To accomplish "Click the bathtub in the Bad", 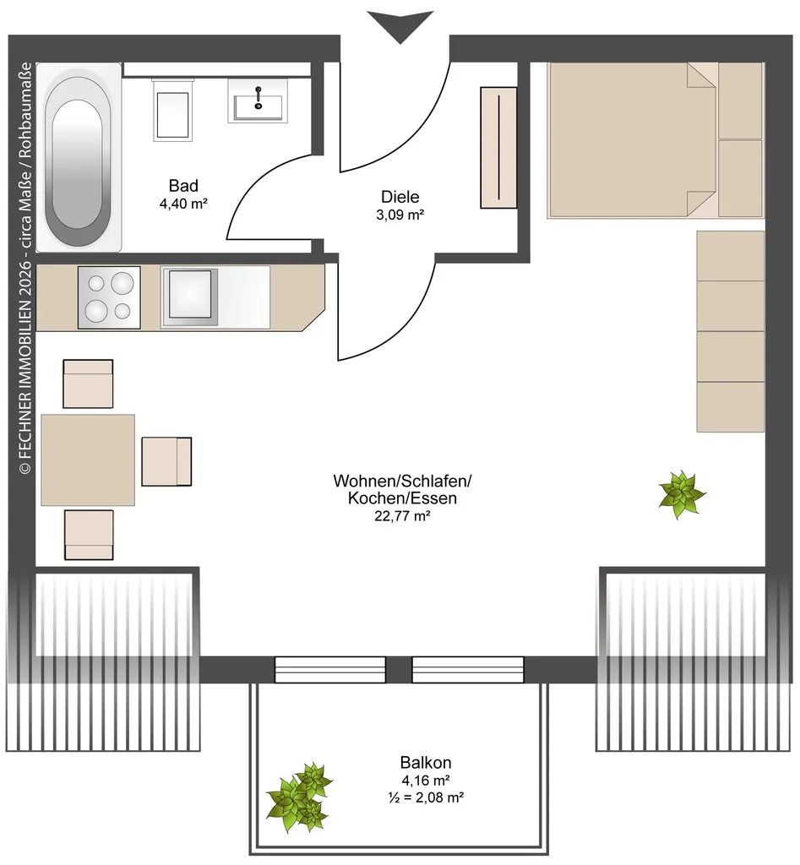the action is coord(79,157).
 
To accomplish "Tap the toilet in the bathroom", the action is coord(172,111).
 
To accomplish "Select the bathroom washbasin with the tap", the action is coord(258,101).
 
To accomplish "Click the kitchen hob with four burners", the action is coord(109,298).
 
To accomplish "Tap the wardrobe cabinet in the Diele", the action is coord(498,148).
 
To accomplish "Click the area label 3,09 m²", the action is coord(400,215).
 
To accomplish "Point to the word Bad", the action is coord(183,186).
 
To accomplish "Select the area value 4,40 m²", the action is coord(183,204).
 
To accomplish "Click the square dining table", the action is coord(88,460).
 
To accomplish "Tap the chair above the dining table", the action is coord(88,384).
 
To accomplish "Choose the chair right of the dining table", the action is coord(166,462).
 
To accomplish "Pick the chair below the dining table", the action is coord(89,535).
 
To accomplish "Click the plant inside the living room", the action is coord(682,494).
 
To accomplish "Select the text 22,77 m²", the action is coord(402,516).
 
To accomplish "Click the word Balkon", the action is coord(426,763).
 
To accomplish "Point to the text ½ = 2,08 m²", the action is coord(426,797).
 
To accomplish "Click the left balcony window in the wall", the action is coord(330,670).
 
